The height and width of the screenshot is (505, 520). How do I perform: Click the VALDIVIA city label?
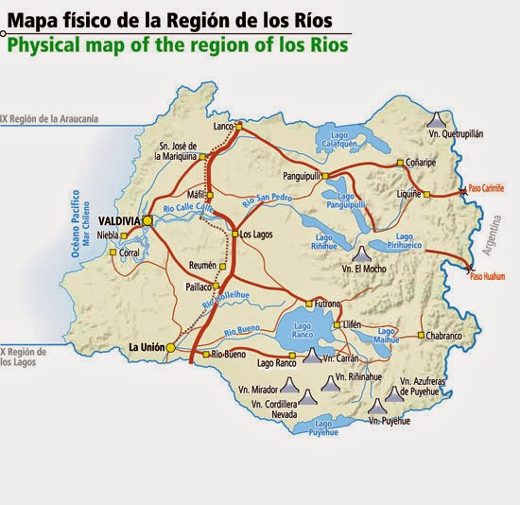118,220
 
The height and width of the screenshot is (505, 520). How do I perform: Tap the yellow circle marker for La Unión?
170,348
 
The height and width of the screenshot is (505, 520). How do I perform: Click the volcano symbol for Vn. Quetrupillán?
436,119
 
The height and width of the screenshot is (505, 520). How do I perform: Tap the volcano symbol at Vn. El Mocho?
360,254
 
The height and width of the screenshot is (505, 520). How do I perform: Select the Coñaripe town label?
422,162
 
